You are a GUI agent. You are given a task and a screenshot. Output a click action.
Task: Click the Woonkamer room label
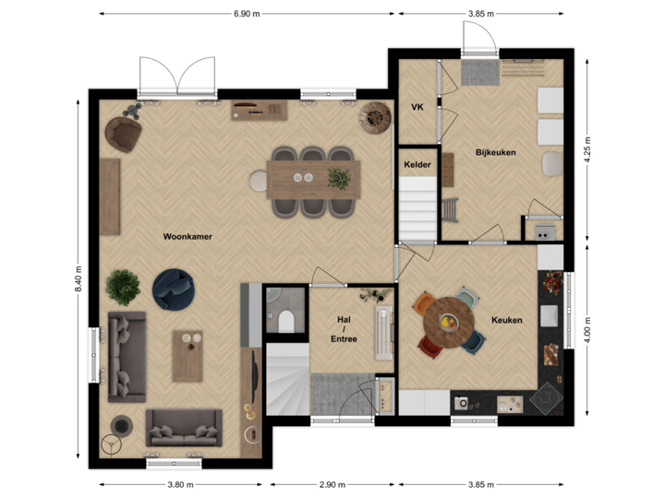coord(187,237)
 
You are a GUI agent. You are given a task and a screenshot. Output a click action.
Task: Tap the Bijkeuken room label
coord(495,152)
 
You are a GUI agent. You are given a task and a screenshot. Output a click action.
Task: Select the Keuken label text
coord(507,320)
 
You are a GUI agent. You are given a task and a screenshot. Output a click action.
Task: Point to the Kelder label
coord(417,164)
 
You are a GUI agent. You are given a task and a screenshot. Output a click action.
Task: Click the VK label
coord(417,107)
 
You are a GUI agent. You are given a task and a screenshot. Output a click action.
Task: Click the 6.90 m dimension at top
coord(247,14)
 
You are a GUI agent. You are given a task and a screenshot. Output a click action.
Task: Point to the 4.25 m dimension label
coord(587,149)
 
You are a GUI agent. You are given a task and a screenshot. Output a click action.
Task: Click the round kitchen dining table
coord(448,322)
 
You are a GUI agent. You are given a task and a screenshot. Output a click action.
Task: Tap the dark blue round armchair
coord(173,288)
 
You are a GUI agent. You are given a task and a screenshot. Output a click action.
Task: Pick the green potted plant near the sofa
coord(123,286)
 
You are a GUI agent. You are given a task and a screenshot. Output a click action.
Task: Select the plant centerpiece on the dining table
coord(340,175)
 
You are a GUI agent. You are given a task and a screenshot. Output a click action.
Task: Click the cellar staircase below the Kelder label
coord(417,207)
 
